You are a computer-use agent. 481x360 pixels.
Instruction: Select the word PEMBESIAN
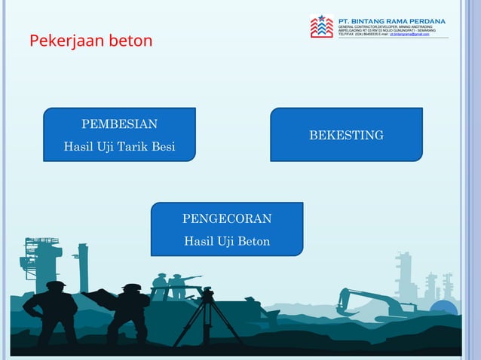click(119, 124)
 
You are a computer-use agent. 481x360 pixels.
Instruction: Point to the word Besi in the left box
click(164, 146)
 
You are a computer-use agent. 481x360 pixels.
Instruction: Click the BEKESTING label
click(346, 135)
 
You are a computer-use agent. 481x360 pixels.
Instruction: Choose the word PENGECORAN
click(227, 218)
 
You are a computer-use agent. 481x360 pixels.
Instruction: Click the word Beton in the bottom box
click(253, 241)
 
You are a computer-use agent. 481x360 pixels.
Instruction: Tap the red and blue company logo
click(321, 26)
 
